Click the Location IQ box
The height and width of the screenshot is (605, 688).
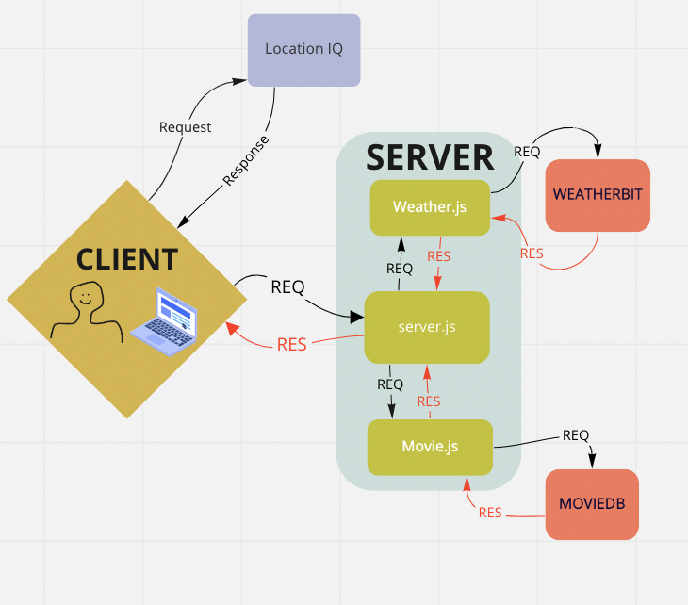tap(303, 50)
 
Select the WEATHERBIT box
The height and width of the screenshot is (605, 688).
tap(598, 195)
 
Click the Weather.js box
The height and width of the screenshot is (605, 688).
tap(430, 207)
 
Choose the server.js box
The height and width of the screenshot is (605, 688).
tap(426, 327)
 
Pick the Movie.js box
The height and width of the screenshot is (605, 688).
tap(430, 447)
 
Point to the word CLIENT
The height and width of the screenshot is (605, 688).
tap(126, 258)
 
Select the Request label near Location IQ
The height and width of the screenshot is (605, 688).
tap(185, 127)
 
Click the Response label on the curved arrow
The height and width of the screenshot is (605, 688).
tap(245, 160)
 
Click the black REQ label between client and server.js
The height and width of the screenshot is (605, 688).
tap(287, 286)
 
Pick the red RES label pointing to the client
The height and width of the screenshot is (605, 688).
tap(291, 344)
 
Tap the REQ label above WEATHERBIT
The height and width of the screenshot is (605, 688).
tap(527, 151)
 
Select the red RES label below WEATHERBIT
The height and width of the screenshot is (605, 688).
tap(532, 253)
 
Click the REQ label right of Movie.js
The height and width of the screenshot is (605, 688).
tap(576, 434)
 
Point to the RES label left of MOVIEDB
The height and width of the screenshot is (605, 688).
tap(490, 513)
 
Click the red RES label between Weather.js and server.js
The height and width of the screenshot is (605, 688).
tap(439, 255)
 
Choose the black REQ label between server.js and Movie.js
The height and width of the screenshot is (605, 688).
tap(390, 384)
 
